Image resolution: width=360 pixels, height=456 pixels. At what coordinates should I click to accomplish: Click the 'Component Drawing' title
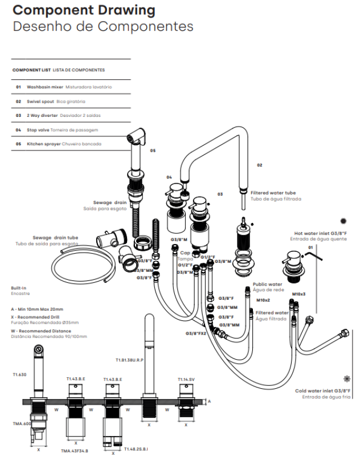pyautogui.click(x=84, y=10)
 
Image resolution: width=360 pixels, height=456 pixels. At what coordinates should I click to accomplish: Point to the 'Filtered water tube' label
pyautogui.click(x=273, y=193)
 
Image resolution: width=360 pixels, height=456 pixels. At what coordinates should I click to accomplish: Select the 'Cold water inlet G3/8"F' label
pyautogui.click(x=322, y=390)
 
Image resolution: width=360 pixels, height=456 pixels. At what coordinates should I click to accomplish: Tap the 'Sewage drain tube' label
pyautogui.click(x=55, y=237)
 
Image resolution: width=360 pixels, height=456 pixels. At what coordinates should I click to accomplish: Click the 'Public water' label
pyautogui.click(x=267, y=284)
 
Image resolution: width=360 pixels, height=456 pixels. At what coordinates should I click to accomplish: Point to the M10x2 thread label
pyautogui.click(x=263, y=300)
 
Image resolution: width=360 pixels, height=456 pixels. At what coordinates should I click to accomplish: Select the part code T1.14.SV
pyautogui.click(x=186, y=379)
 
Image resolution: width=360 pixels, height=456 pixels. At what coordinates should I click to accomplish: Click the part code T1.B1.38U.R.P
pyautogui.click(x=129, y=360)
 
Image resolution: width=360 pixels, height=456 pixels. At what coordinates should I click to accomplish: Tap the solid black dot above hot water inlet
pyautogui.click(x=343, y=221)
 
